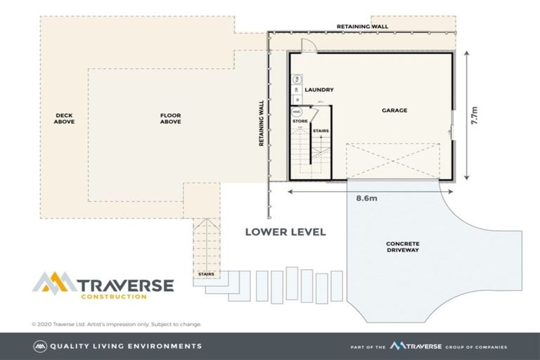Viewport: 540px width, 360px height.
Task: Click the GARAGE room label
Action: coord(394,110)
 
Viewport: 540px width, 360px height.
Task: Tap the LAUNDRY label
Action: coord(319,89)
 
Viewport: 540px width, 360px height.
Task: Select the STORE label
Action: coord(300,121)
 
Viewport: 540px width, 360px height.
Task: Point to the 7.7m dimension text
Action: coord(474,115)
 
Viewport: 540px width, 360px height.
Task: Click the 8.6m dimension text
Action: coord(366,198)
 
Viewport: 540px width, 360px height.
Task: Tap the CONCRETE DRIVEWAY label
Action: coord(403,247)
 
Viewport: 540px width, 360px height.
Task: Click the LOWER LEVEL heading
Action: coord(285,232)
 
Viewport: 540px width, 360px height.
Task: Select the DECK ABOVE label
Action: coord(64,119)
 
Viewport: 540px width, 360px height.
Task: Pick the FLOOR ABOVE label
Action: coord(170,119)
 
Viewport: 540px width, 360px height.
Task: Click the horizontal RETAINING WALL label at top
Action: coord(362,27)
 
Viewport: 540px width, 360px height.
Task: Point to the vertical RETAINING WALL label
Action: coord(262,123)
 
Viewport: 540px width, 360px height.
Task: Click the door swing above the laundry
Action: coord(309,45)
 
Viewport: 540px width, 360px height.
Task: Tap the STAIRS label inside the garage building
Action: coord(321,131)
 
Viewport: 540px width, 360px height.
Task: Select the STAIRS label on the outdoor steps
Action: coord(206,274)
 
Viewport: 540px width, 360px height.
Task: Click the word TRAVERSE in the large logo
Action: coord(125,285)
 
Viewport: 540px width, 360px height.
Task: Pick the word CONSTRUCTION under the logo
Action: coord(114,297)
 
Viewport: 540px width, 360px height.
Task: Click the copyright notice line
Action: coord(117,324)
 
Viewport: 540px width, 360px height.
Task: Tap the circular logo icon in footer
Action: coord(40,346)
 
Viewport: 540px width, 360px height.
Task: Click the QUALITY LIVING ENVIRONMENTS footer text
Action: coord(126,346)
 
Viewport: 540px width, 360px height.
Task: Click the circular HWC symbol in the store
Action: coord(296,112)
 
